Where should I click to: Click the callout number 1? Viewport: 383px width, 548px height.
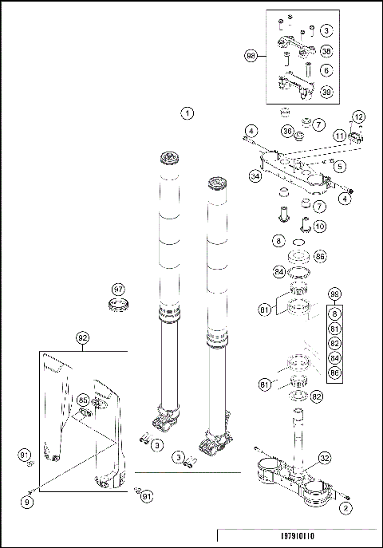187,112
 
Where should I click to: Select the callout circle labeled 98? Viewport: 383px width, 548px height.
251,56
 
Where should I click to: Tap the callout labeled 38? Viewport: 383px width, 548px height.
326,50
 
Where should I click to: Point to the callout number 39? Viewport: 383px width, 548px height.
326,92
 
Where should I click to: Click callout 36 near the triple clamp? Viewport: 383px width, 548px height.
286,131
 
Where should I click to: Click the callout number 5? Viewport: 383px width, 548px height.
340,167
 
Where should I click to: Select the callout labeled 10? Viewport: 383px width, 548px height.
319,226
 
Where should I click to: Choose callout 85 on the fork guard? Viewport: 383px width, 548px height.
83,399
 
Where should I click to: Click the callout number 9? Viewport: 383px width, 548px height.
27,503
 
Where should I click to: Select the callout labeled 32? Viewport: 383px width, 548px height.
325,458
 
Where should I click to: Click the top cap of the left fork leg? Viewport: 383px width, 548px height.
168,156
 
